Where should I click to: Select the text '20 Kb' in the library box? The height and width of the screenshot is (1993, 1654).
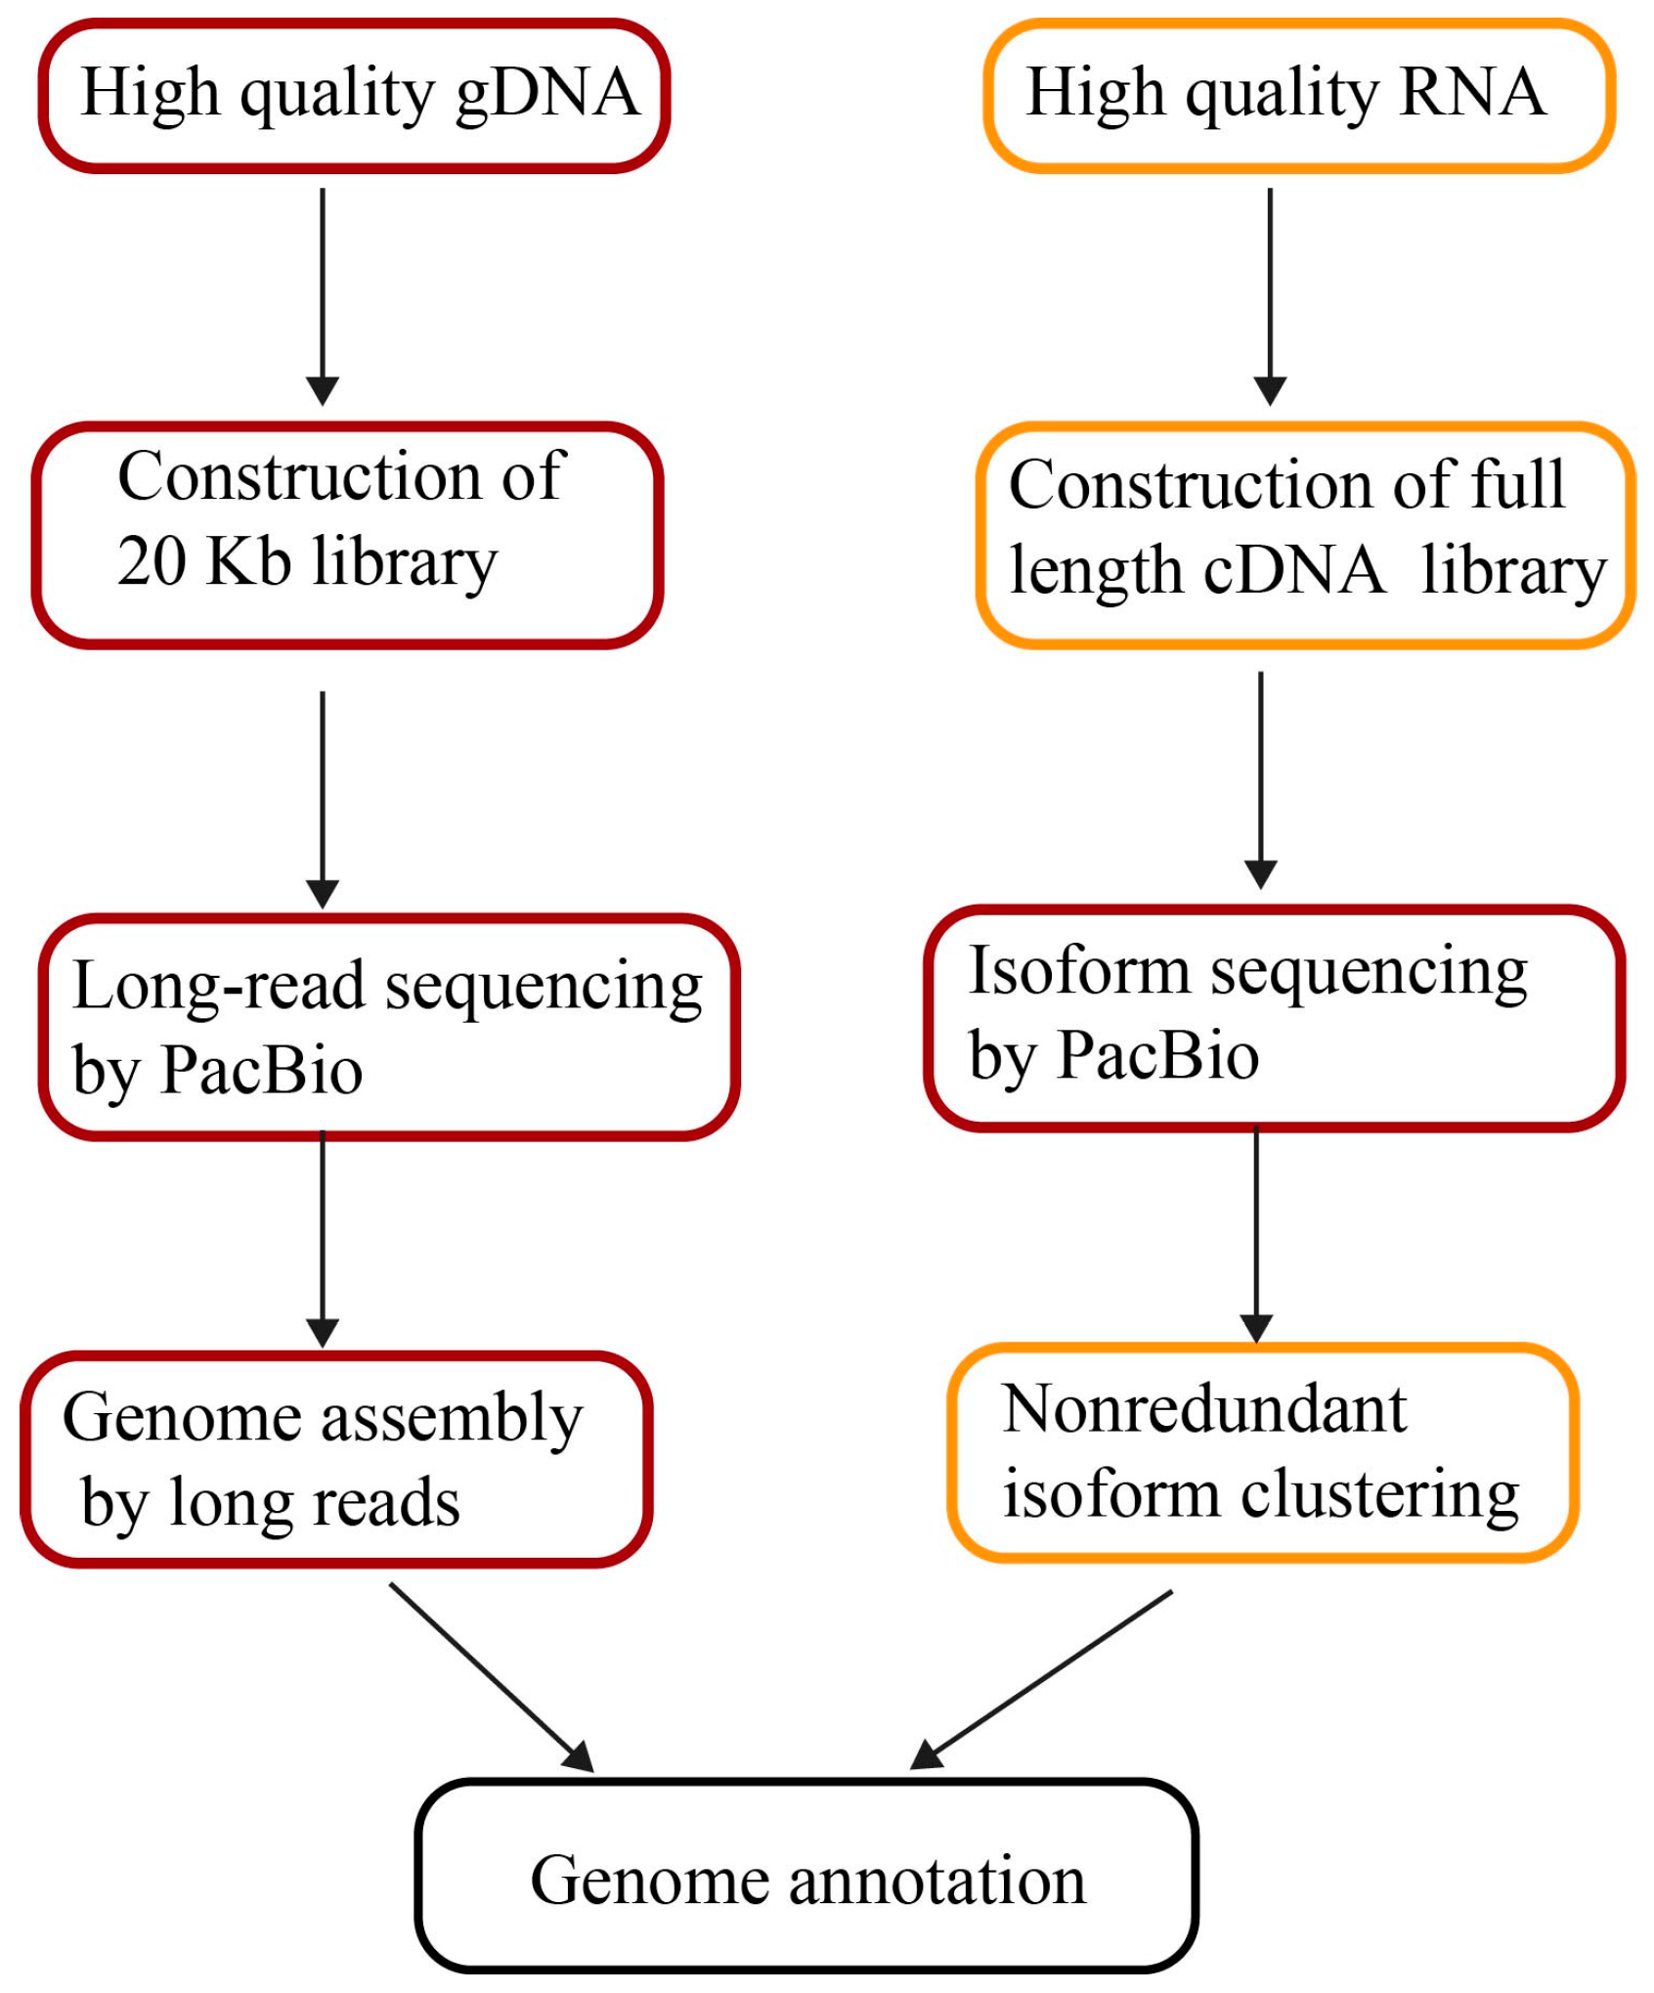(x=203, y=562)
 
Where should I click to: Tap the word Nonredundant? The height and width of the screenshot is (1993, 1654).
(x=1203, y=1410)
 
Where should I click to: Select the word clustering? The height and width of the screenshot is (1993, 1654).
(x=1379, y=1495)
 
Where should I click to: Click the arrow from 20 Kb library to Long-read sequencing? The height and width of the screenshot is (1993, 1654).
(x=323, y=798)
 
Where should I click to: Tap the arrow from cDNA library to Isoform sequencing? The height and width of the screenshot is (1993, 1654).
(x=1260, y=778)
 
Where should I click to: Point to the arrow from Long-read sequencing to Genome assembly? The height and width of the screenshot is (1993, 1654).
(x=323, y=1237)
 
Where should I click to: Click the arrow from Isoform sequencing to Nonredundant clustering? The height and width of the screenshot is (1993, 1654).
(x=1255, y=1233)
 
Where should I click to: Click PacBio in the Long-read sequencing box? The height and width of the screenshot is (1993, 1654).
(x=262, y=1070)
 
